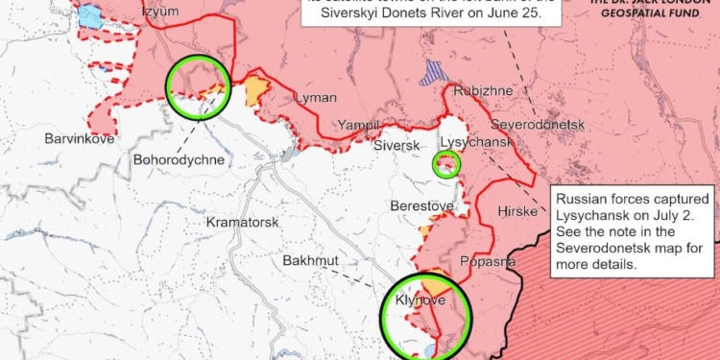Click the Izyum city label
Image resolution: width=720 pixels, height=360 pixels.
pos(160,12)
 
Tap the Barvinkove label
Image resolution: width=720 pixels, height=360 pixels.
pos(80,139)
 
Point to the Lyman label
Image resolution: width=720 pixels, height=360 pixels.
pos(318,99)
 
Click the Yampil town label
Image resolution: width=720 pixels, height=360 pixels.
pos(358,125)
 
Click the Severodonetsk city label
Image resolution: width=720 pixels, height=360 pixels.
pos(537,125)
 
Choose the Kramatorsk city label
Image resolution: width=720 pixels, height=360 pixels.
pos(242,222)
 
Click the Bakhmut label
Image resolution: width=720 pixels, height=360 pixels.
pos(310,260)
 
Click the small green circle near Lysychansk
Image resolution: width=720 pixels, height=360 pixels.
pos(447,164)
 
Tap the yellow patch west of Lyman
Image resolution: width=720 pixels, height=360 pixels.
pos(255,92)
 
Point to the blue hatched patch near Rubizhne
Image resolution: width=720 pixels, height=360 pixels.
pos(435,73)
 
